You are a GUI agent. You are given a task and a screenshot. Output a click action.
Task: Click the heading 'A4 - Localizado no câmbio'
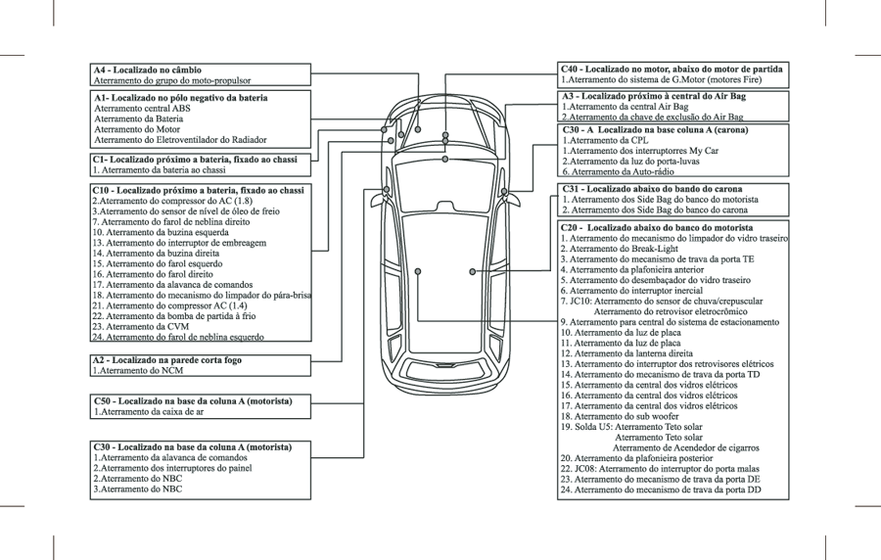coord(148,70)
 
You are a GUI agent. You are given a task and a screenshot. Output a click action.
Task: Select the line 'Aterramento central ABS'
coord(142,109)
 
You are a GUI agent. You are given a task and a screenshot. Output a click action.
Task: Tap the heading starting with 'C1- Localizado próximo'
coord(195,159)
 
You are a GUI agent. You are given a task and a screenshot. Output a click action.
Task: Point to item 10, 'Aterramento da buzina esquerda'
coord(162,232)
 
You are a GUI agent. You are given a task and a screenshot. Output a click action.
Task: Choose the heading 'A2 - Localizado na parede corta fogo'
coord(167,360)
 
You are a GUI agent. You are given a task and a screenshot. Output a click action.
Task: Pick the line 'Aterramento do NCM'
coord(137,371)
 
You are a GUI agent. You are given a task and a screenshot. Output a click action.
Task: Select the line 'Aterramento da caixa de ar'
coord(148,412)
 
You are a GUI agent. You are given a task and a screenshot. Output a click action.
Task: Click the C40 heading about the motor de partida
coord(672,70)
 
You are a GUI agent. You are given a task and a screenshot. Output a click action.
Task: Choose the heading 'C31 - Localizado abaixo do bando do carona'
coord(652,188)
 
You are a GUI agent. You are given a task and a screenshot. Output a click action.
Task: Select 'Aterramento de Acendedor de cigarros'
coord(686,447)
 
